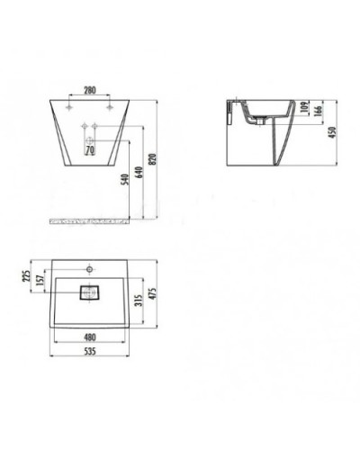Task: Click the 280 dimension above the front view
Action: [x=90, y=90]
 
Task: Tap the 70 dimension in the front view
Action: [x=90, y=150]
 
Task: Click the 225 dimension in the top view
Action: [x=26, y=274]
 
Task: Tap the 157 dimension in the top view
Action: [x=39, y=280]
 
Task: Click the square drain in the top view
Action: [x=89, y=292]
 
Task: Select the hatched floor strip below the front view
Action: [x=89, y=218]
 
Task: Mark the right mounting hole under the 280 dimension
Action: [x=109, y=105]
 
